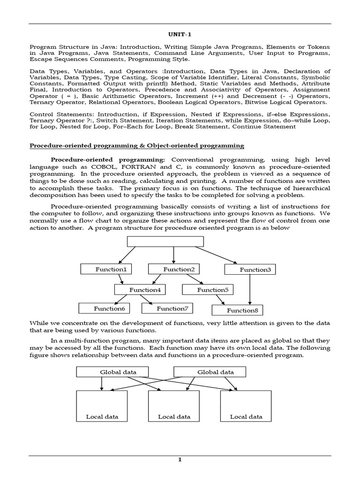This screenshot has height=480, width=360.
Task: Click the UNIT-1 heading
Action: (x=180, y=35)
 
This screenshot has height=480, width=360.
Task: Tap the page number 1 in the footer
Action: (x=180, y=460)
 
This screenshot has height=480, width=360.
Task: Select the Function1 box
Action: (x=106, y=269)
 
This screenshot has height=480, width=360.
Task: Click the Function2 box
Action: (x=174, y=269)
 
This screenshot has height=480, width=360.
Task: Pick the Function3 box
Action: (x=250, y=270)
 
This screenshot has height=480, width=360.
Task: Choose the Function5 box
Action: (x=208, y=290)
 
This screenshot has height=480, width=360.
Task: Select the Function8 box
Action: (x=238, y=310)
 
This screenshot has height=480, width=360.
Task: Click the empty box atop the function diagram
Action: (x=165, y=241)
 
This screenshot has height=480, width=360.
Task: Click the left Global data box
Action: (x=112, y=372)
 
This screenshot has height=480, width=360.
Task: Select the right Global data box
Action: (x=210, y=372)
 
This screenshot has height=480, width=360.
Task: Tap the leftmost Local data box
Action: (x=102, y=406)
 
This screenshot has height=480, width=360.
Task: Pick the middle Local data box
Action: (x=174, y=406)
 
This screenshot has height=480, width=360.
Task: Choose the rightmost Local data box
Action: (x=246, y=406)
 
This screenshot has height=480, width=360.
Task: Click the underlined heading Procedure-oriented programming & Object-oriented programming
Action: (x=137, y=146)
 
